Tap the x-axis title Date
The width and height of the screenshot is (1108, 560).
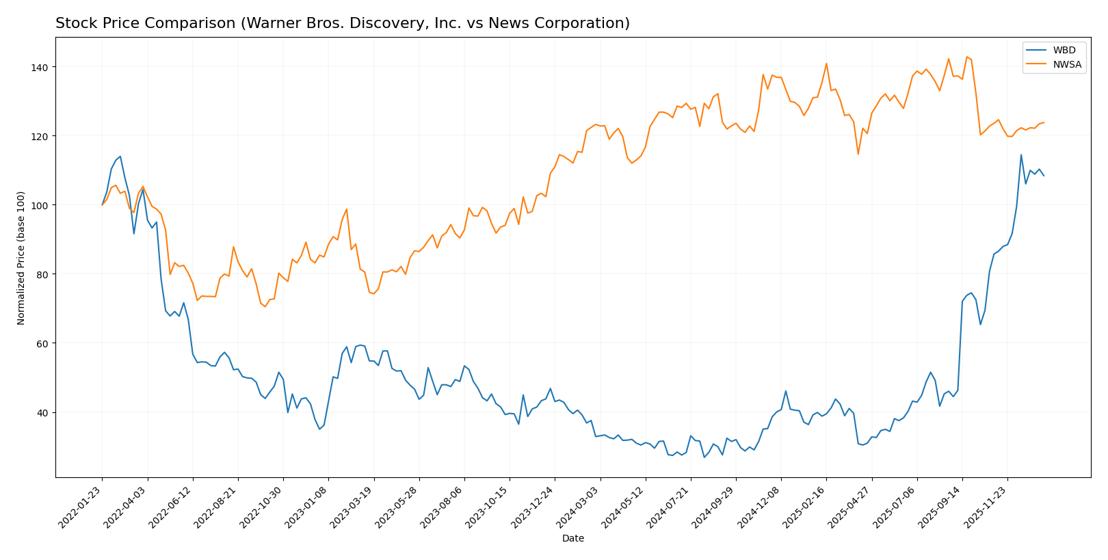click(x=572, y=539)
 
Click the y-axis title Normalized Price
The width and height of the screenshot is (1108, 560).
click(x=21, y=258)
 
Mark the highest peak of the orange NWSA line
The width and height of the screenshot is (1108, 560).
click(x=966, y=57)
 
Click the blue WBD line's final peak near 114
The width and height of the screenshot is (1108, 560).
click(x=1021, y=155)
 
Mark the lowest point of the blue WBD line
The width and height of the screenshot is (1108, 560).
click(x=704, y=457)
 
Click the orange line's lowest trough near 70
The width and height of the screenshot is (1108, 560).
click(x=265, y=306)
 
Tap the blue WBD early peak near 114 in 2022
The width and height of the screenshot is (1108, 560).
click(x=120, y=157)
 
